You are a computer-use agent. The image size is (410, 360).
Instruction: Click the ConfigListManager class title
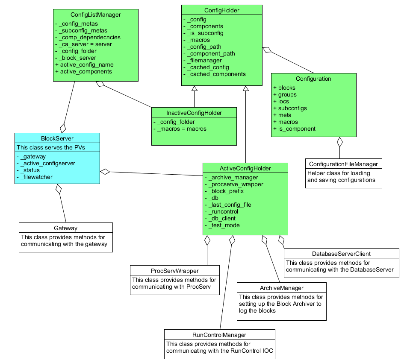(95, 15)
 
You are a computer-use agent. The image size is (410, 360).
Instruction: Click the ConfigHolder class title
(222, 10)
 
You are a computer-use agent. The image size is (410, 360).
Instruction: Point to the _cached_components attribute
(216, 74)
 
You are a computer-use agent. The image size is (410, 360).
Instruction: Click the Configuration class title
(313, 79)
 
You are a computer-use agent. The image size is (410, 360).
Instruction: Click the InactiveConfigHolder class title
(194, 113)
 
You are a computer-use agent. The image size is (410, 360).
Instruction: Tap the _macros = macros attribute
(182, 129)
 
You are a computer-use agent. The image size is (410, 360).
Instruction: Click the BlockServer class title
(57, 138)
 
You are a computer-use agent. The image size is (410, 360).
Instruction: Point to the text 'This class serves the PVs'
(51, 147)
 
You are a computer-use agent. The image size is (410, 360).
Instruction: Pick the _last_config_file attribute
(230, 205)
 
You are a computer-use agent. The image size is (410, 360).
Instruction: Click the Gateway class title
(65, 228)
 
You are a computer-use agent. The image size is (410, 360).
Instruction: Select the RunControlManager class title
(219, 335)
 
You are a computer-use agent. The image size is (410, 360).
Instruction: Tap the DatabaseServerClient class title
(341, 254)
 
